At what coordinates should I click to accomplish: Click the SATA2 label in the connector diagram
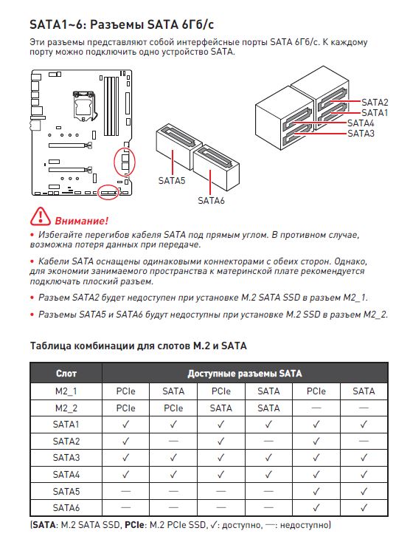375,103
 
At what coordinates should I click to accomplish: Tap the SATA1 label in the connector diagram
375,113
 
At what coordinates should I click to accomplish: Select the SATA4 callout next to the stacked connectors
361,123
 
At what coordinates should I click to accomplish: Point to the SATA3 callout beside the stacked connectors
361,134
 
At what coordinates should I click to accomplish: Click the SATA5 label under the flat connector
172,180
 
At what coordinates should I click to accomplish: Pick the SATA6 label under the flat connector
211,200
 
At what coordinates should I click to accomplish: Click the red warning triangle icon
41,216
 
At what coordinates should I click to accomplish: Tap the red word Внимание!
81,221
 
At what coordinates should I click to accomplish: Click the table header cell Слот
66,374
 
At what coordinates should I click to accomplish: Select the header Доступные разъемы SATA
245,374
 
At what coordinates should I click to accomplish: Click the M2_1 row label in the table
66,391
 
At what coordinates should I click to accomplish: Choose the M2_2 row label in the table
66,408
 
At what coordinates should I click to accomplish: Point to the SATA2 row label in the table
66,441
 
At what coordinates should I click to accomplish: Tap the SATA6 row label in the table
66,508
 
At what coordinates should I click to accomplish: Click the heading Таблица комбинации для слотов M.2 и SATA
139,346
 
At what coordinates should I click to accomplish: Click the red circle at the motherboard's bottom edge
108,192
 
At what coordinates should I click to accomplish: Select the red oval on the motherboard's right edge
125,162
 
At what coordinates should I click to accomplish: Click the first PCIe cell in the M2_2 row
125,408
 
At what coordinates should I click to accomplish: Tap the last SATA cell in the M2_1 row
364,391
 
